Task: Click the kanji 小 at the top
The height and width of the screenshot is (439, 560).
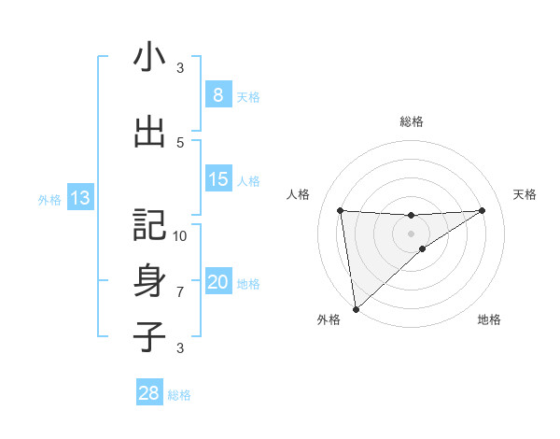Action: [149, 59]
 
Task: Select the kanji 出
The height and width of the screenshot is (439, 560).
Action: [149, 132]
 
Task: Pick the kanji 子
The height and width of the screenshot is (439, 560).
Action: [149, 337]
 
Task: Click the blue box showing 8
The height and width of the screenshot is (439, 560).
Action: [217, 95]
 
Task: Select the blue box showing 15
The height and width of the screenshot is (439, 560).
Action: [217, 179]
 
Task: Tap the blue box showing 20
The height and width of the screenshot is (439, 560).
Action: [217, 282]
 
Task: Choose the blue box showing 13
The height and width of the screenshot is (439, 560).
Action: [79, 197]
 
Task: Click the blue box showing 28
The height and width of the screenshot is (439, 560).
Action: [148, 393]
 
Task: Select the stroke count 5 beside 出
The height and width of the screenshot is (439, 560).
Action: [180, 142]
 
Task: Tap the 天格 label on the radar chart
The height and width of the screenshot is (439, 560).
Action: [525, 194]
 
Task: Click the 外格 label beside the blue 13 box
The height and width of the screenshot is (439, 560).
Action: [49, 198]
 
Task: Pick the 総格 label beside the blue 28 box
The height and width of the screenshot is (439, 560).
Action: [179, 394]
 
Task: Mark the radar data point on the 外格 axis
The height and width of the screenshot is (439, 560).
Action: [356, 308]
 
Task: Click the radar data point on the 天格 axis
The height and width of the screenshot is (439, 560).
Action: [483, 210]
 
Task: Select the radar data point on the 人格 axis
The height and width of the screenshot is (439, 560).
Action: [340, 210]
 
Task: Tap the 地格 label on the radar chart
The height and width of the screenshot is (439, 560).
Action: [489, 319]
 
